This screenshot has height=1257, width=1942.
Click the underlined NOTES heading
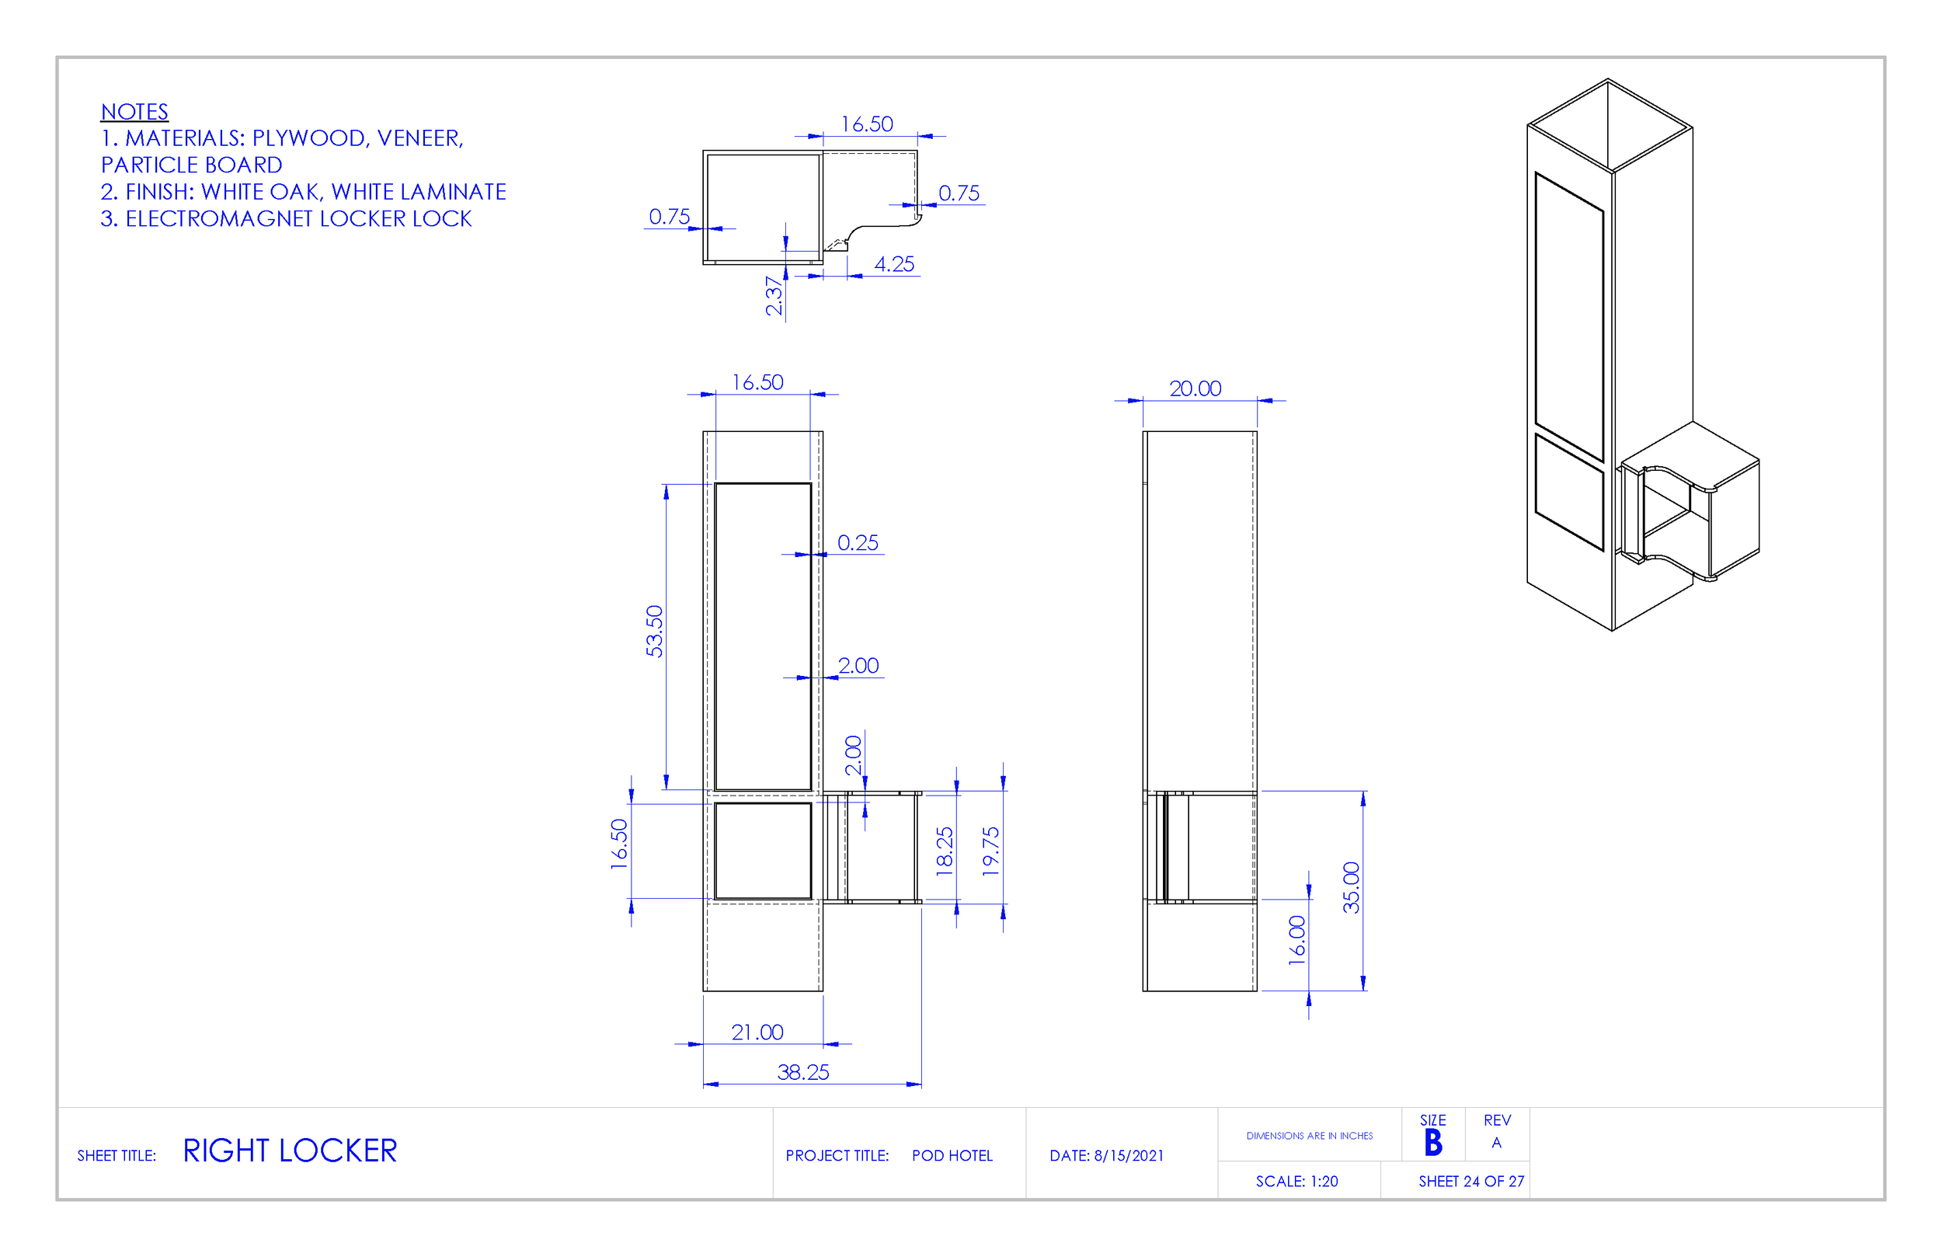point(134,112)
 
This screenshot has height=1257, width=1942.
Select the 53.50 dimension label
point(654,631)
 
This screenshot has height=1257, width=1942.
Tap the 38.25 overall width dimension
point(803,1073)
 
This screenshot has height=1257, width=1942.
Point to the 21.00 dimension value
point(757,1032)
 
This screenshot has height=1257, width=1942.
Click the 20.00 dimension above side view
point(1195,388)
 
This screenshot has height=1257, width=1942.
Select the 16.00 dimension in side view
point(1297,940)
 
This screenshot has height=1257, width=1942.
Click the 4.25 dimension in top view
point(894,264)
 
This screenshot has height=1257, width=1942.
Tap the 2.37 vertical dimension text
point(774,295)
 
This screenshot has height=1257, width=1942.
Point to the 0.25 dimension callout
point(858,543)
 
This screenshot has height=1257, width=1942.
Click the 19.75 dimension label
point(990,852)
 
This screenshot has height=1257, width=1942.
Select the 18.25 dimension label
point(945,852)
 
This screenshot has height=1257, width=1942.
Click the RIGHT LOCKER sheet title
point(290,1151)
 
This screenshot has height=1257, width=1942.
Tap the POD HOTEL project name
point(952,1156)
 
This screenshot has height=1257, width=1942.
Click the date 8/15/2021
point(1129,1156)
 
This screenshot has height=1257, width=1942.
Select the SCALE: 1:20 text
point(1296,1181)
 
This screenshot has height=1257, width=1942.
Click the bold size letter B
point(1433,1143)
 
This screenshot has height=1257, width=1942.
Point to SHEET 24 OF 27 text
point(1471,1181)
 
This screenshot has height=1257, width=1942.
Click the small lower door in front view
point(763,851)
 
